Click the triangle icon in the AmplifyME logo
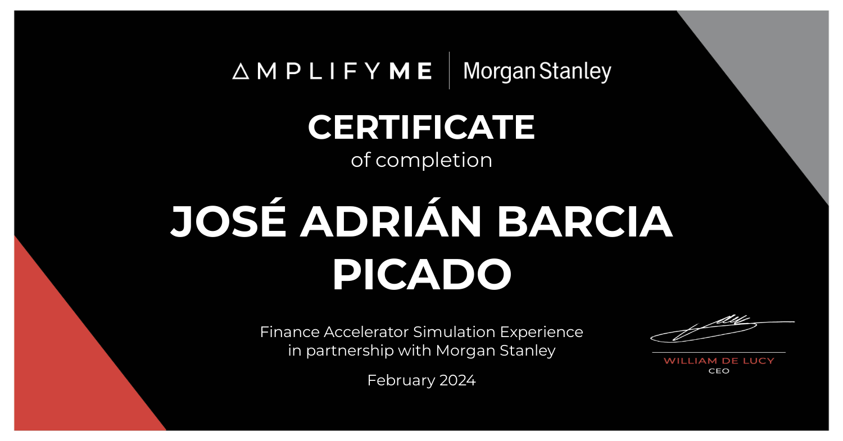tap(241, 71)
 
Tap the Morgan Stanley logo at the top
tap(537, 72)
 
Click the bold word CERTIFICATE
tap(421, 127)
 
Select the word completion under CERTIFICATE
tap(433, 161)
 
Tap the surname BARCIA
tap(584, 222)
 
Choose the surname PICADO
tap(422, 274)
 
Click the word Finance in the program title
tap(290, 332)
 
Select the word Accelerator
tap(366, 332)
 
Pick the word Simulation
tap(454, 332)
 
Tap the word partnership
tap(350, 351)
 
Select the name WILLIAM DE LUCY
tap(718, 361)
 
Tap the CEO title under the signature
tap(719, 371)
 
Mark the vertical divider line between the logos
tap(450, 71)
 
